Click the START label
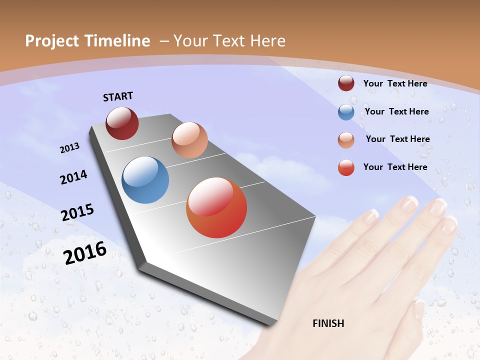118,96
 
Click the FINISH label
328,323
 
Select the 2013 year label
70,148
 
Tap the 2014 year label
74,177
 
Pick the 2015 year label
77,212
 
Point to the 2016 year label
85,252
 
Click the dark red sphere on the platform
122,123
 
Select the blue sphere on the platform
145,180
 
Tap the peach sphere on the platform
189,140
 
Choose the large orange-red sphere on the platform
216,207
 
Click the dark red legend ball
346,83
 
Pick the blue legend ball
346,112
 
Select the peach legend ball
346,140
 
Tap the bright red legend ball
346,167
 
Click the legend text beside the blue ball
396,111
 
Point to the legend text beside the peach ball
397,139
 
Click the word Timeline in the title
119,41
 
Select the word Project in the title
51,41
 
